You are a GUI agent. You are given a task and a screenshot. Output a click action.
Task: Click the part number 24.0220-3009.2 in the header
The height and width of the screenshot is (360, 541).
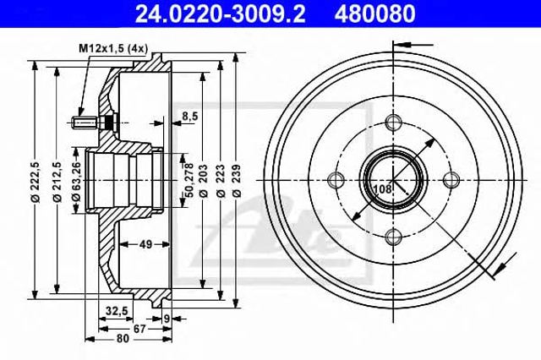220,14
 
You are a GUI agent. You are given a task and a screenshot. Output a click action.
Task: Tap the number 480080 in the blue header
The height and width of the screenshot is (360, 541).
374,14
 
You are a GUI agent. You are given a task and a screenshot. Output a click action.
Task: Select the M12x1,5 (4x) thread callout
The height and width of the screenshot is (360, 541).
113,49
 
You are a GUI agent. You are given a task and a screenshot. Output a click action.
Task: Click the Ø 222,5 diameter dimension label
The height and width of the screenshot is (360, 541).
36,182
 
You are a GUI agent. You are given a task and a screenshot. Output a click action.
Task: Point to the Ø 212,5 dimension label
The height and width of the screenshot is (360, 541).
57,182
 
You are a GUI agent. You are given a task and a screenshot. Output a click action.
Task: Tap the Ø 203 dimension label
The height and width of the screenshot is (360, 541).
204,181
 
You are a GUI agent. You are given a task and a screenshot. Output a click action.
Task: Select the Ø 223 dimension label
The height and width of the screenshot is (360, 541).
221,181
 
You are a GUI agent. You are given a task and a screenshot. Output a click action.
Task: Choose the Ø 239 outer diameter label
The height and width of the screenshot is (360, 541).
237,181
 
